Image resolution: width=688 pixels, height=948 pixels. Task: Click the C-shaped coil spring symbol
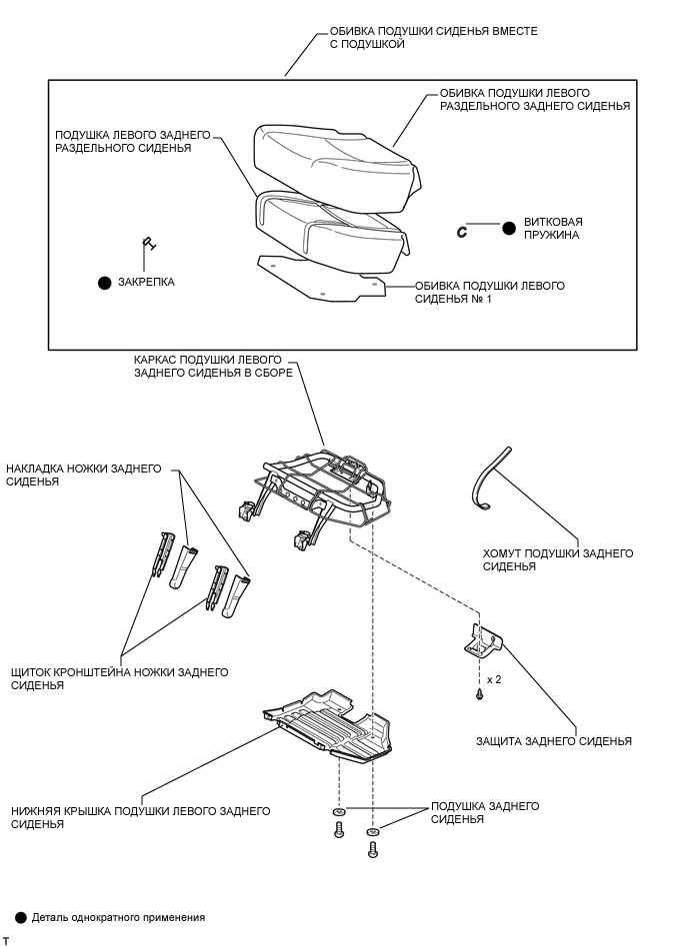pyautogui.click(x=462, y=231)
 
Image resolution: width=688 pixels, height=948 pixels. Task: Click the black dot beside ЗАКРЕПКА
pyautogui.click(x=104, y=283)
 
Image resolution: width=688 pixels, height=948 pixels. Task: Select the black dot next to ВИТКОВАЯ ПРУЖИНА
pyautogui.click(x=509, y=228)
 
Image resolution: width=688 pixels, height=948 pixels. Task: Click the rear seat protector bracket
pyautogui.click(x=484, y=641)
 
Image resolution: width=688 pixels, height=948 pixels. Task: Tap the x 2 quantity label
pyautogui.click(x=493, y=679)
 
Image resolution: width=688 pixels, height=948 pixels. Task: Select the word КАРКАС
pyautogui.click(x=156, y=359)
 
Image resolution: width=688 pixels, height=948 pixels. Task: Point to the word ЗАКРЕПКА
pyautogui.click(x=146, y=283)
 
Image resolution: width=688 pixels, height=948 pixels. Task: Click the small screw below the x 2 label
pyautogui.click(x=480, y=692)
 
